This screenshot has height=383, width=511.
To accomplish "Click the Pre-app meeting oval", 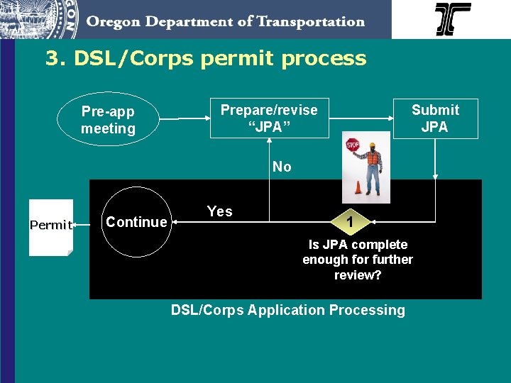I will coord(108,120).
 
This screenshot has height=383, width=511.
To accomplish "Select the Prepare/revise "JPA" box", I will coord(269,118).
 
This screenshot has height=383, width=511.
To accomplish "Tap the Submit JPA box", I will coord(435,118).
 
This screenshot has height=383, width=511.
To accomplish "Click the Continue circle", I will coord(136,222).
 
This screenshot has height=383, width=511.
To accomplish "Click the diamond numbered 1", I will coord(349,222).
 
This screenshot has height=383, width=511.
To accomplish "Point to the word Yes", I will coord(219,211).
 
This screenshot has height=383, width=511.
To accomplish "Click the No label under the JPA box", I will coord(282,167).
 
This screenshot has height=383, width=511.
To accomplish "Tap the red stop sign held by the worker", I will coord(353,145).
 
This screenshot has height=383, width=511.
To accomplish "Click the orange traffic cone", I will coord(358,189).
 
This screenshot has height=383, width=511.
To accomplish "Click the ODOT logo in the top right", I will coord(453,19).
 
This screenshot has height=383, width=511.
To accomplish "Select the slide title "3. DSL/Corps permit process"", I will coord(206,58).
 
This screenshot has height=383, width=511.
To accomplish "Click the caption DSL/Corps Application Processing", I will coord(287,310).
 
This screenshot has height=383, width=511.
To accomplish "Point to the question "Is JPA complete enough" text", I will coord(357,259).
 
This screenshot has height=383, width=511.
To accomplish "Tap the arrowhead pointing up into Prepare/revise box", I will coord(269,142).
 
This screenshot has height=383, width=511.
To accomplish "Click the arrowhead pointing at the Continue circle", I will coord(176,222).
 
